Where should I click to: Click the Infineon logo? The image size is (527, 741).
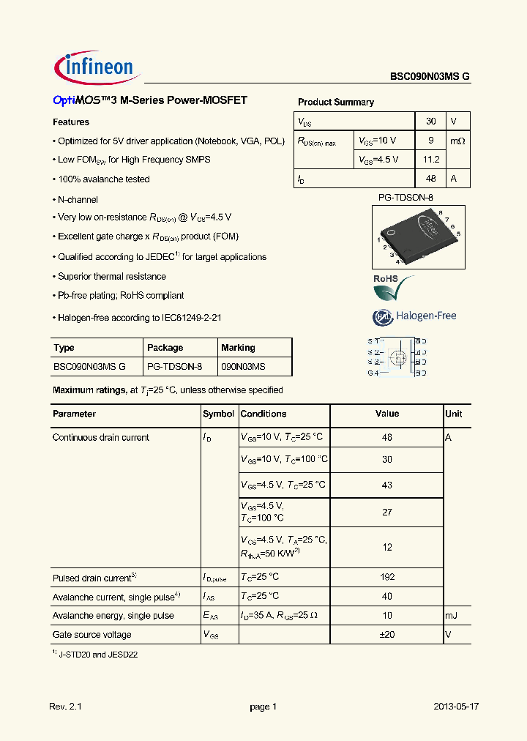(94, 67)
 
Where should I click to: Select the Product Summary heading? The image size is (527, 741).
(336, 103)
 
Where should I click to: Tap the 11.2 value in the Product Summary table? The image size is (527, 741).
(431, 160)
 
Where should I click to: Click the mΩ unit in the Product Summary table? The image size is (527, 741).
(457, 141)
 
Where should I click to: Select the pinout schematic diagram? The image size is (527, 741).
(397, 357)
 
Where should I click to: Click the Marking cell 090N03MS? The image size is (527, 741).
(244, 366)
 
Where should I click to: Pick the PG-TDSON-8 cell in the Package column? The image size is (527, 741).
(174, 366)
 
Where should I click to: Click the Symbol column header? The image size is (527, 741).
(218, 414)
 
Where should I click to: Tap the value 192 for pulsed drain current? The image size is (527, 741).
(387, 577)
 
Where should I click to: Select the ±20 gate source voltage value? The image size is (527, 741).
(387, 635)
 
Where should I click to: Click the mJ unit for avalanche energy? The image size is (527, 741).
(451, 616)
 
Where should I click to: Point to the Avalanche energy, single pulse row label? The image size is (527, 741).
(113, 616)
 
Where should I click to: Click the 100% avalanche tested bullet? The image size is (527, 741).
(103, 179)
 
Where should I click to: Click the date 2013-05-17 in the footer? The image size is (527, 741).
(456, 707)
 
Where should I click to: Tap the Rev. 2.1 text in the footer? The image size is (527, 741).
(65, 707)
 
